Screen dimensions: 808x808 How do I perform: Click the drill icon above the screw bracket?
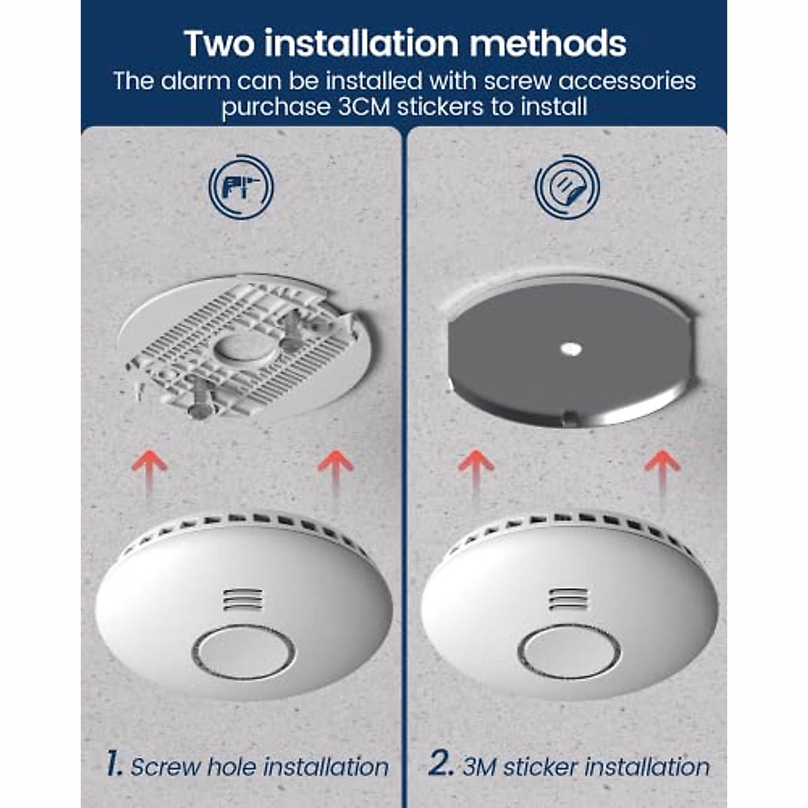pos(241,187)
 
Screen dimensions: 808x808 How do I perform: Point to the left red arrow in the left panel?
pos(149,473)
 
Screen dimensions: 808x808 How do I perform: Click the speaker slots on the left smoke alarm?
pos(243,599)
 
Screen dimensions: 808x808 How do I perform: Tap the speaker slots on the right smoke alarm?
pos(569,599)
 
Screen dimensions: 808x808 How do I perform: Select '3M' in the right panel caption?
pos(479,766)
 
